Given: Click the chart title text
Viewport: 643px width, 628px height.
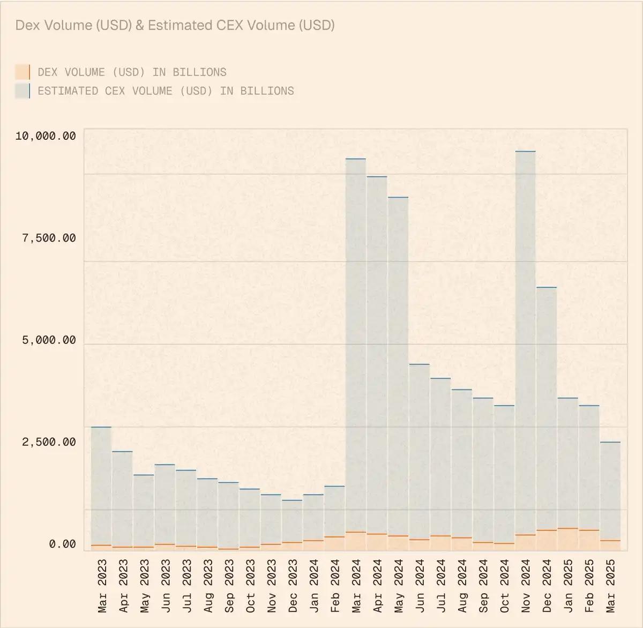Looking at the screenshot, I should tap(175, 25).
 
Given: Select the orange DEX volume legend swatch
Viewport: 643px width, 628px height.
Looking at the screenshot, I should tap(23, 72).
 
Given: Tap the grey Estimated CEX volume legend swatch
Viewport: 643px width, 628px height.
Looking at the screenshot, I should tap(23, 91).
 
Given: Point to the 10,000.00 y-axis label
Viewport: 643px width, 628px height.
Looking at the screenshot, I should tap(46, 136).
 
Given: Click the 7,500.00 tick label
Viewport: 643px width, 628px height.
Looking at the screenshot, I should tap(49, 238).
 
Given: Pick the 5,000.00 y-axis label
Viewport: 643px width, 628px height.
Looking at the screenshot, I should tap(49, 340).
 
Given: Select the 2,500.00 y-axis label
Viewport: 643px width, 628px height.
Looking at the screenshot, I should tap(49, 442).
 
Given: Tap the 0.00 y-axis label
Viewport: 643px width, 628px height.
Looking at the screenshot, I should tap(62, 544).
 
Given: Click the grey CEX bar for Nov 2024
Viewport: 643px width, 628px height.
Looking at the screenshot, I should tap(525, 343).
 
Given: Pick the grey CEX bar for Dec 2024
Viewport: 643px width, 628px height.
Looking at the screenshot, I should tap(547, 407).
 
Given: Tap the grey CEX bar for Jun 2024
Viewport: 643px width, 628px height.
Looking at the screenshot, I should tap(419, 450).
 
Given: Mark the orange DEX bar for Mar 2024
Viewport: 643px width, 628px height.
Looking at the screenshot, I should tap(356, 541).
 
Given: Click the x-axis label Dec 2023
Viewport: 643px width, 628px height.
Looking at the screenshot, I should tap(293, 586).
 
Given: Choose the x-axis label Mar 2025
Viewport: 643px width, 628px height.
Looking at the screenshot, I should tap(610, 586).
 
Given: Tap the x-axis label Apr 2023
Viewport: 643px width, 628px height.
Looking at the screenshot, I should tap(123, 586).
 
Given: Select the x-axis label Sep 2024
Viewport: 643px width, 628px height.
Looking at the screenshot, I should tap(483, 586).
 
